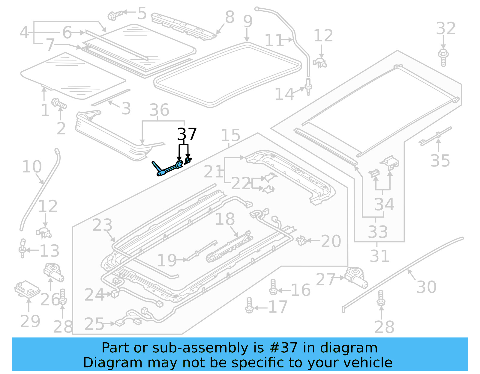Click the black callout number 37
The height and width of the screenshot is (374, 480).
187,134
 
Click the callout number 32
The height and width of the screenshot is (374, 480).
446,29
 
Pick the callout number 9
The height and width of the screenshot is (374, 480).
248,22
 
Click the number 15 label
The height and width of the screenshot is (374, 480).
230,135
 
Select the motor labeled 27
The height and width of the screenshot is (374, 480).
356,277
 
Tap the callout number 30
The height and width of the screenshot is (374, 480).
426,287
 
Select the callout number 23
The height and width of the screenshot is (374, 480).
102,225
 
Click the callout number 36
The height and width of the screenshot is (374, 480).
159,110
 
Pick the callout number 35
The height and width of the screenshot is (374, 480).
440,161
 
